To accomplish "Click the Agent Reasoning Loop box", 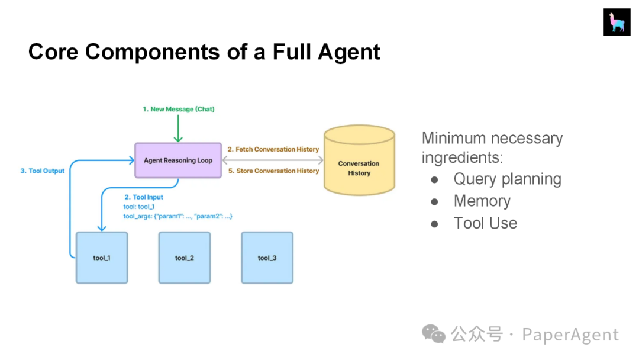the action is click(x=178, y=160).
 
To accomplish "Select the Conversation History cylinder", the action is click(x=359, y=160).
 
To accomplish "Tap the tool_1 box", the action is click(x=102, y=258).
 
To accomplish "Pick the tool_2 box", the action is click(x=185, y=258).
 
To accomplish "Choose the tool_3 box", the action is click(x=267, y=258).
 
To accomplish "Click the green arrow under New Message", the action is click(x=178, y=128).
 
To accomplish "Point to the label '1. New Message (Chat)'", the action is click(x=179, y=109).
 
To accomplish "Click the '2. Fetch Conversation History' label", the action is click(x=273, y=149).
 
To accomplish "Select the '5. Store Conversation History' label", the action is click(x=273, y=171).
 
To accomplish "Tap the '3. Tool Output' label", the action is click(x=43, y=171).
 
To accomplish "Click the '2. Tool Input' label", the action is click(x=143, y=197).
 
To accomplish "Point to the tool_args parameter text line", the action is click(x=177, y=216).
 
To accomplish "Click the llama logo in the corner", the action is click(x=617, y=22).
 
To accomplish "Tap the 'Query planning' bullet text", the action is click(x=508, y=179).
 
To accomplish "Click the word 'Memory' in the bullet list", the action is click(x=482, y=201).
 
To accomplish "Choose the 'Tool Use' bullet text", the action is click(x=485, y=223).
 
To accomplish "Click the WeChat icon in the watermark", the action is click(x=434, y=334).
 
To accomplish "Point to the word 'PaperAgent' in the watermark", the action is click(x=570, y=335).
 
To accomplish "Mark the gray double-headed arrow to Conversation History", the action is click(x=273, y=160).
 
